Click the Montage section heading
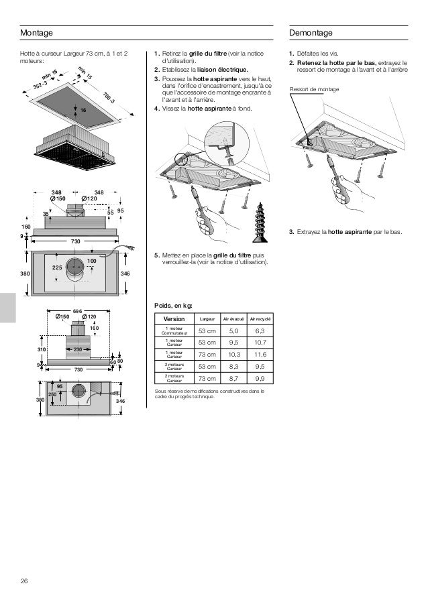[x=36, y=33]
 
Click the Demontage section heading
[x=311, y=33]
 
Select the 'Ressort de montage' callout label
[x=314, y=89]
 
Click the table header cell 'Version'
[x=173, y=318]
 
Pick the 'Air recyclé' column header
[x=260, y=318]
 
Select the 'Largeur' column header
[x=207, y=318]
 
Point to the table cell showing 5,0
[x=233, y=330]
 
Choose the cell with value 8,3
[x=233, y=367]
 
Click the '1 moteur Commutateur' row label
[x=174, y=330]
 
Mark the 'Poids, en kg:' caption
[x=173, y=305]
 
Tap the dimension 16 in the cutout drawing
[x=83, y=109]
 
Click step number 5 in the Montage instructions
[x=156, y=255]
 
